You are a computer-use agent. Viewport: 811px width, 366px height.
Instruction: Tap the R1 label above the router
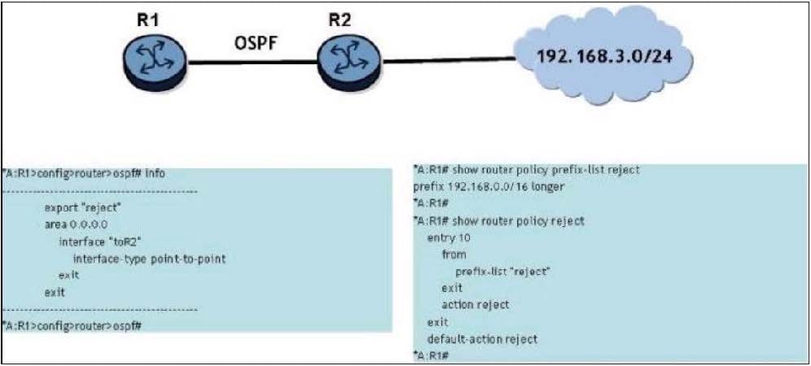point(147,20)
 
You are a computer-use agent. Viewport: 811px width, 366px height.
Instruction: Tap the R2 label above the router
point(340,20)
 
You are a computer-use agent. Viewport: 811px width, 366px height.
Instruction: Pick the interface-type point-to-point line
point(148,259)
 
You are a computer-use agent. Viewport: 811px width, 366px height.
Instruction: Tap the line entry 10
point(448,237)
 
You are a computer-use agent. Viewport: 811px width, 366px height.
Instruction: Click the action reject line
point(475,304)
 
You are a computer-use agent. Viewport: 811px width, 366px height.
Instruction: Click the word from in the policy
point(454,254)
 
